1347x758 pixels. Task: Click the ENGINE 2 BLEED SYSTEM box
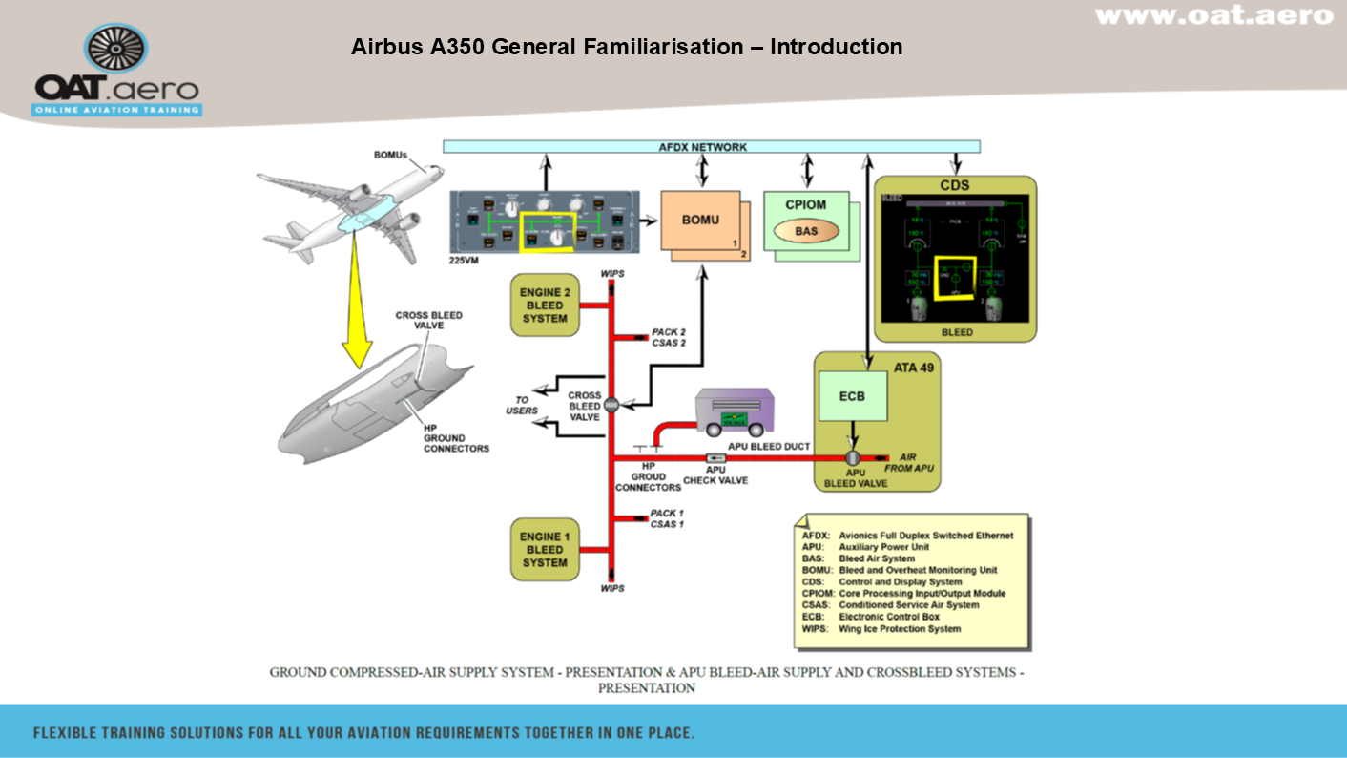pyautogui.click(x=545, y=305)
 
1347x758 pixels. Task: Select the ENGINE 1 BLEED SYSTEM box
pyautogui.click(x=545, y=549)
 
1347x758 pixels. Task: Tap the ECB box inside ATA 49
pyautogui.click(x=852, y=395)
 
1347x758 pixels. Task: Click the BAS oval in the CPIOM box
pyautogui.click(x=806, y=230)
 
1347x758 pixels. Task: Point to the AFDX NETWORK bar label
pyautogui.click(x=702, y=147)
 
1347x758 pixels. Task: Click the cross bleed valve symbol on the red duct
pyautogui.click(x=611, y=404)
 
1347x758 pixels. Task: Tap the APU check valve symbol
pyautogui.click(x=715, y=457)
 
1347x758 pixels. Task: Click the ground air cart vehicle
pyautogui.click(x=734, y=411)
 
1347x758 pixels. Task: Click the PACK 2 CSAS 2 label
pyautogui.click(x=669, y=337)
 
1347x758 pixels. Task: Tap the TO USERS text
pyautogui.click(x=522, y=406)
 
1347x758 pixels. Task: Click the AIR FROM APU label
pyautogui.click(x=912, y=462)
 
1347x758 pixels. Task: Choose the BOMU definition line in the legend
pyautogui.click(x=899, y=570)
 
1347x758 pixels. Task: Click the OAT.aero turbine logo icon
pyautogui.click(x=116, y=51)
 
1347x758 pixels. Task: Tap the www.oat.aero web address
pyautogui.click(x=1213, y=15)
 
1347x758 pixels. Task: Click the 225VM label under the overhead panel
pyautogui.click(x=464, y=259)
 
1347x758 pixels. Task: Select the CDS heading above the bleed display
pyautogui.click(x=955, y=185)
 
